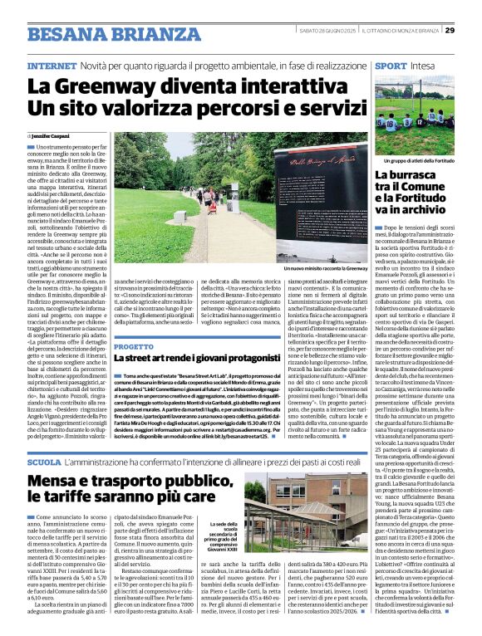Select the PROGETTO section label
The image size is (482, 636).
(134, 345)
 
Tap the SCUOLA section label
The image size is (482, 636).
(44, 461)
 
